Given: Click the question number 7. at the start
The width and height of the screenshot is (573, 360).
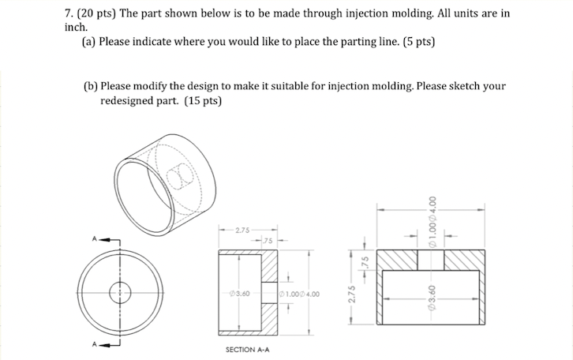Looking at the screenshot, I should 69,13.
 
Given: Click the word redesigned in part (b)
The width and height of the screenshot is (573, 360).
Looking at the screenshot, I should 129,100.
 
